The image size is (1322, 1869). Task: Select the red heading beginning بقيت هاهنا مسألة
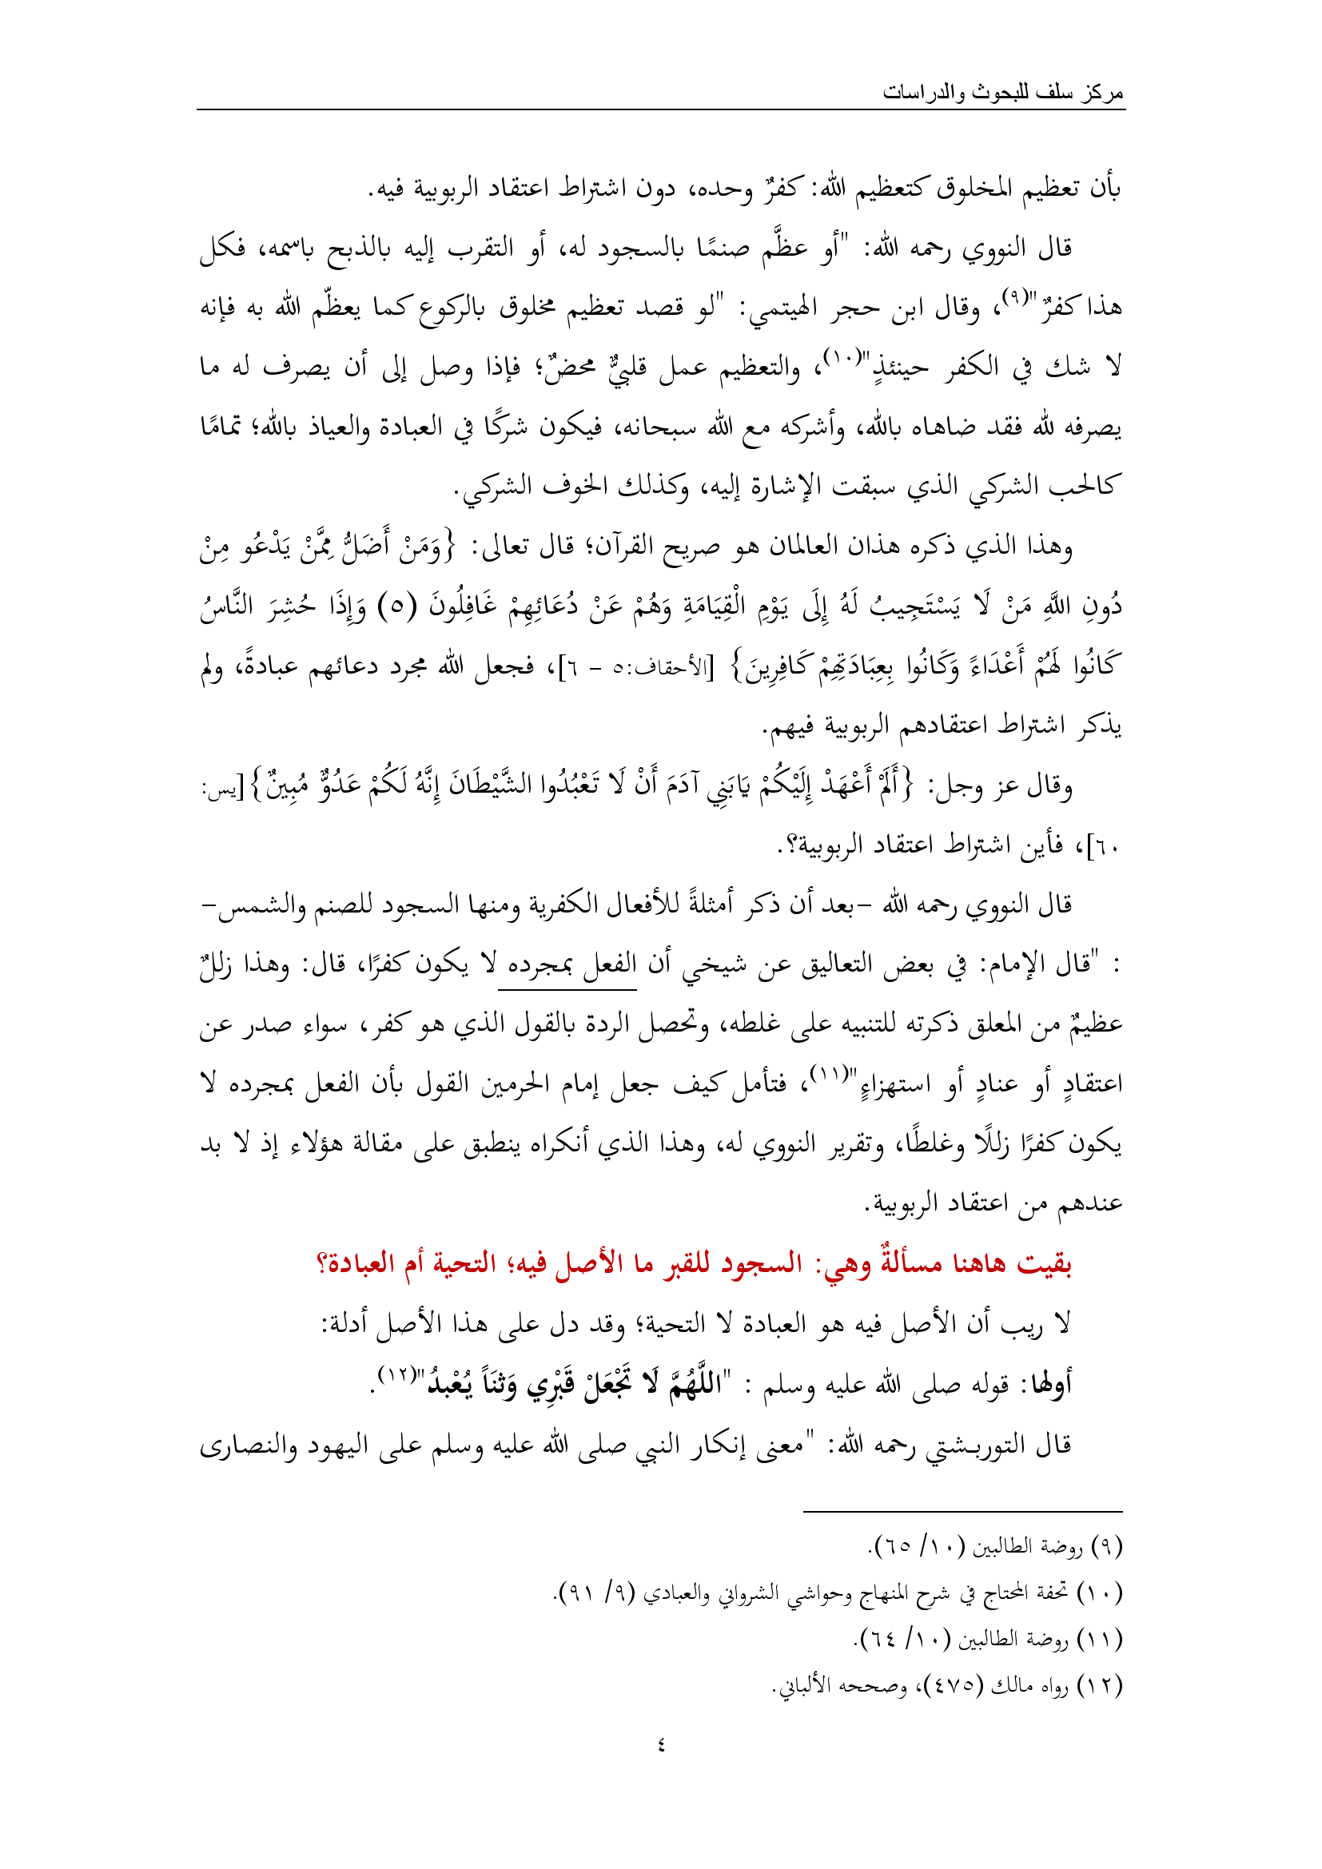[695, 1263]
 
